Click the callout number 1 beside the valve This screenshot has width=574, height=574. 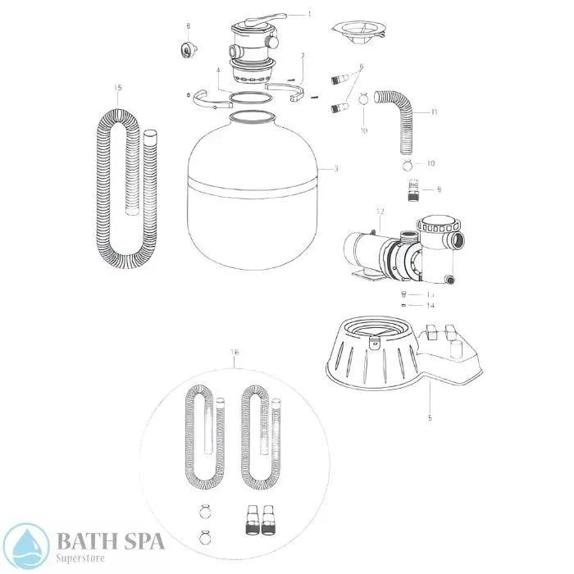coord(309,14)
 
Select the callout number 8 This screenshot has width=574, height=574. coord(188,26)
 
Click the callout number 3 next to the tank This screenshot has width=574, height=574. coord(335,169)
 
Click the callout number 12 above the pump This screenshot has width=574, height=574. coord(380,211)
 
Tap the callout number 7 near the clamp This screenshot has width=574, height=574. coord(303,56)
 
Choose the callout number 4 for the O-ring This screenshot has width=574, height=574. coord(218,71)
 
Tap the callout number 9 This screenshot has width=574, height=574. coord(438,189)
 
